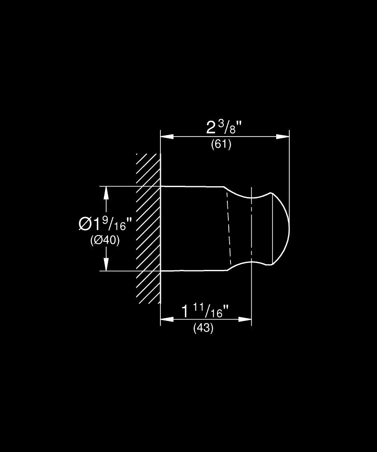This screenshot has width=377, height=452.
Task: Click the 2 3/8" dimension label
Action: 225,127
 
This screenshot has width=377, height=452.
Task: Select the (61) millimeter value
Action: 221,145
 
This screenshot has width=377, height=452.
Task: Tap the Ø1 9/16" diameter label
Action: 105,223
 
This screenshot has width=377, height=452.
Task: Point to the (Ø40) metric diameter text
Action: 105,240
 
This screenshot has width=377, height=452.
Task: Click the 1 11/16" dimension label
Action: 205,311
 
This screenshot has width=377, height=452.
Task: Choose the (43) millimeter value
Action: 203,329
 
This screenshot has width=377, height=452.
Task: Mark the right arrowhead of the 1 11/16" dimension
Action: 246,319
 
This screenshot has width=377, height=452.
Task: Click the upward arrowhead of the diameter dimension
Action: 107,192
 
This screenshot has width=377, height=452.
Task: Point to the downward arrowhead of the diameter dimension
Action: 107,265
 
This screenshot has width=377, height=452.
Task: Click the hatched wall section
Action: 148,228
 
